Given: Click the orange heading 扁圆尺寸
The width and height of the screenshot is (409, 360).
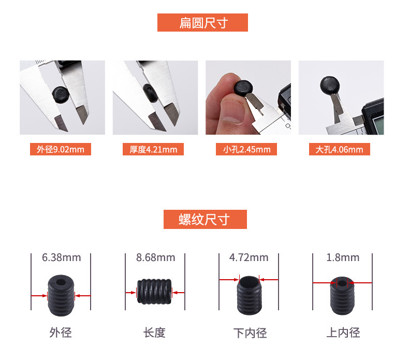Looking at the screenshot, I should (202, 23).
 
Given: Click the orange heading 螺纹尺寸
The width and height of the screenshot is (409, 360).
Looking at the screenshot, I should (204, 219).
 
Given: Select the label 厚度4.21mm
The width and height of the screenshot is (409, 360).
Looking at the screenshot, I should (153, 150).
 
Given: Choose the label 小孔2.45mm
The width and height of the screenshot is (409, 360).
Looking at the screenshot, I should (246, 150).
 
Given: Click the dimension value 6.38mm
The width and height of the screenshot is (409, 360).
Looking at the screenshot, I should (61, 257).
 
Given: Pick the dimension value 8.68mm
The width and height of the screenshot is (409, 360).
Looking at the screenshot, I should (155, 257).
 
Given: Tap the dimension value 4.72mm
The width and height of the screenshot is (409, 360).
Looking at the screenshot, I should (249, 257).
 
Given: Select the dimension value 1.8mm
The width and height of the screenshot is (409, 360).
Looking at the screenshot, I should (342, 257).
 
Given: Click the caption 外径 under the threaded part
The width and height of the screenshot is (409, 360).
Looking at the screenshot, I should (61, 333).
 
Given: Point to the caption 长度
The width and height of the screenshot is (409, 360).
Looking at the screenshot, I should (154, 333).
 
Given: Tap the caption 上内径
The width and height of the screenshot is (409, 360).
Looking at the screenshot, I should (343, 333).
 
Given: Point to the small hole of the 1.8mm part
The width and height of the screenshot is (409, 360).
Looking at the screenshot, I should (342, 283).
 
